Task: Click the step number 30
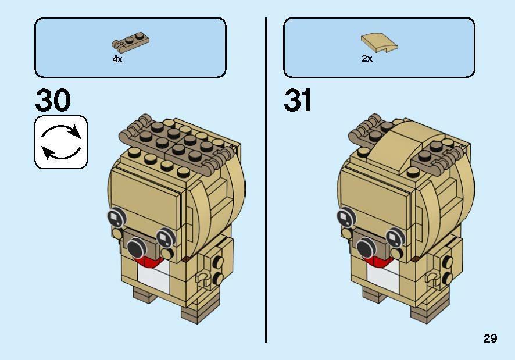53,100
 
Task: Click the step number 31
298,100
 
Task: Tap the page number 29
490,338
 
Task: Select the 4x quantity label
117,59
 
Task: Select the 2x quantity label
367,59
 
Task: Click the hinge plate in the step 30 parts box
130,42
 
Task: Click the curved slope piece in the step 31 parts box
379,42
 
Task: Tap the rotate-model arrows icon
61,142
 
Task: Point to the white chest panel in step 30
153,279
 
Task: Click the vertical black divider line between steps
266,180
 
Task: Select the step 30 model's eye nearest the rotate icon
117,217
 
